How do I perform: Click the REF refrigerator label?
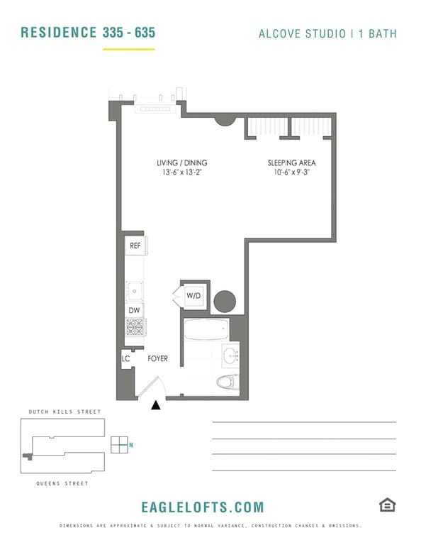point(135,246)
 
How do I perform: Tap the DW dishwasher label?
point(135,310)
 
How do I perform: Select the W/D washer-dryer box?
point(193,296)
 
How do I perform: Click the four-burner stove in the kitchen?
point(135,327)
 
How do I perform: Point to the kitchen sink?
point(135,291)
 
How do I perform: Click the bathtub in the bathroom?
point(206,329)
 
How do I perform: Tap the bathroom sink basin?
point(231,356)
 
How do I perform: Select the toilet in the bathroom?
point(228,382)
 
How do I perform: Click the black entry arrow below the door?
point(156,404)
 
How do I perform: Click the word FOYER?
point(157,358)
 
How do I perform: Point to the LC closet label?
point(125,358)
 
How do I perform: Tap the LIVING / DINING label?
point(182,163)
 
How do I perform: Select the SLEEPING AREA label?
point(291,163)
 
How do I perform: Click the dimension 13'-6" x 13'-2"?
point(182,172)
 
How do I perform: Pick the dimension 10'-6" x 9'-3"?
point(291,172)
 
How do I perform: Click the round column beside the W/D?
point(225,302)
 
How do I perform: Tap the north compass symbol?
point(120,445)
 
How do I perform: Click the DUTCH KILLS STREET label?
point(65,412)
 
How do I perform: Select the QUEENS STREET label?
point(62,483)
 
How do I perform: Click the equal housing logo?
point(387,505)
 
